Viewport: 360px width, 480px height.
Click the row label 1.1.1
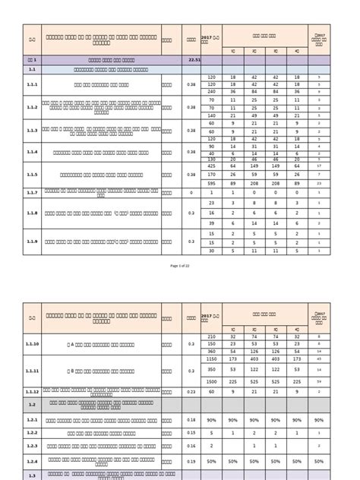coord(32,84)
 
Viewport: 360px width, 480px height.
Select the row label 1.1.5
coord(32,174)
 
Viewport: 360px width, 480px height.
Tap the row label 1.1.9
coord(32,241)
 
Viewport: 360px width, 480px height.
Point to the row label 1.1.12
coord(32,392)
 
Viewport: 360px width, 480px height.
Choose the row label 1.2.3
coord(32,433)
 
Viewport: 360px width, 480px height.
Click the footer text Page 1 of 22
coord(180,267)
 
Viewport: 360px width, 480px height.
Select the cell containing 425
coord(212,165)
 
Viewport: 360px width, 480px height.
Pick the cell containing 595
coord(212,183)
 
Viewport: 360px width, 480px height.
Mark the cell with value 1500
coord(212,381)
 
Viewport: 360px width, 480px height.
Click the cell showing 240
coord(212,90)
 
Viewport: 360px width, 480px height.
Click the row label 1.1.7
coord(32,192)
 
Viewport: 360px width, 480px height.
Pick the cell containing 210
coord(212,336)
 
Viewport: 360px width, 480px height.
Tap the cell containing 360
coord(212,351)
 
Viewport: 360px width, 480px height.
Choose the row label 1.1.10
coord(32,343)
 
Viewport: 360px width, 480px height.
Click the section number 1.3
coord(32,475)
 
